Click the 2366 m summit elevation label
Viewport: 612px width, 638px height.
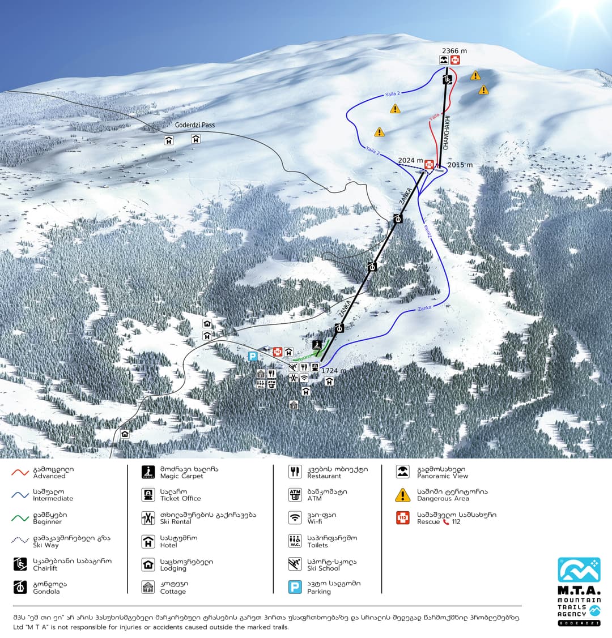(x=456, y=52)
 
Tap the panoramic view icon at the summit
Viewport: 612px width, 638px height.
(x=444, y=60)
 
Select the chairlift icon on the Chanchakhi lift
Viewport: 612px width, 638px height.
(x=448, y=80)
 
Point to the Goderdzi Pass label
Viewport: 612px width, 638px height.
(x=195, y=125)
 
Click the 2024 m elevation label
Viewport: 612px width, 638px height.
(x=410, y=161)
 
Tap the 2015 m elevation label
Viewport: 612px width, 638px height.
(x=460, y=165)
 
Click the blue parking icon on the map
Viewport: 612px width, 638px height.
(x=253, y=356)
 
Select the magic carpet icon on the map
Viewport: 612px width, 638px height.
(x=317, y=344)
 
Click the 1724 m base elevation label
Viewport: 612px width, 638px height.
(x=333, y=371)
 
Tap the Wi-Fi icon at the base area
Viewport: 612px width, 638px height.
(x=304, y=378)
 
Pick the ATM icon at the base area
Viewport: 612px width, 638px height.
(x=271, y=384)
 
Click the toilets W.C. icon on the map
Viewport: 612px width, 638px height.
(x=261, y=384)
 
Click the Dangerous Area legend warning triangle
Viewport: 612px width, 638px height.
(x=402, y=495)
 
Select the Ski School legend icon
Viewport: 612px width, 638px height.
(x=295, y=564)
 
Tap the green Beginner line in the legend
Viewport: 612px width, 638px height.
(x=20, y=518)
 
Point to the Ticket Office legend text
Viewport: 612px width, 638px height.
(x=180, y=498)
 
